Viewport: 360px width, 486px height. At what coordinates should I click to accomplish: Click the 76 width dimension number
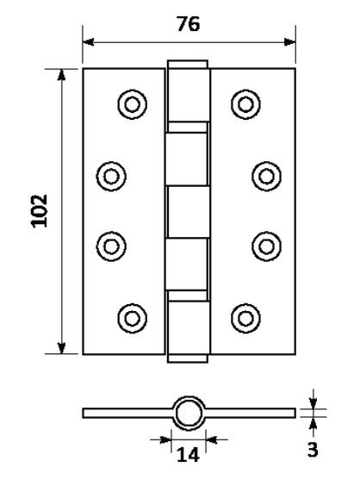tap(189, 24)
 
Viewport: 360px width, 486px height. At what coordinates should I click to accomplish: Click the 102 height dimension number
tap(40, 211)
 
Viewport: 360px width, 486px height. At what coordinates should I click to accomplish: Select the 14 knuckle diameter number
tap(188, 455)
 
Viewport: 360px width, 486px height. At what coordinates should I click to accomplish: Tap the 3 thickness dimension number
tap(313, 450)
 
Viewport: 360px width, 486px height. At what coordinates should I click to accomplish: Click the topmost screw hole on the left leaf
tap(133, 104)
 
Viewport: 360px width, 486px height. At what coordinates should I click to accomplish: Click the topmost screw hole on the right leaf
tap(245, 104)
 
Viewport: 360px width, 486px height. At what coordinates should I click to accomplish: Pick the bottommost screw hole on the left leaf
tap(133, 318)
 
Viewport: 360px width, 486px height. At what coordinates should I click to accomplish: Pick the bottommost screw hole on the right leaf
tap(245, 318)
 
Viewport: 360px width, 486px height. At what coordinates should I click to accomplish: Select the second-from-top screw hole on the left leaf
tap(111, 176)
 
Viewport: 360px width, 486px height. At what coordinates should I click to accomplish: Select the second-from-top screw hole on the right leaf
tap(267, 176)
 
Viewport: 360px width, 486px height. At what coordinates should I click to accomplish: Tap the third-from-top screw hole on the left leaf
tap(111, 246)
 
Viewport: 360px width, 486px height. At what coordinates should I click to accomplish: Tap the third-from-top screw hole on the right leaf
tap(267, 246)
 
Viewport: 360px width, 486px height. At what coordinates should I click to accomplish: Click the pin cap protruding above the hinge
tap(188, 64)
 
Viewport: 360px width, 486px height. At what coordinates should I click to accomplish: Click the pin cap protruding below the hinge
tap(188, 358)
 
